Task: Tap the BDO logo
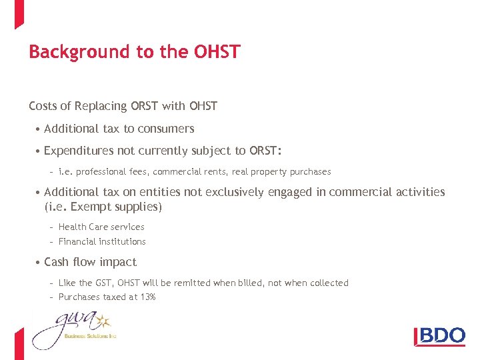click(440, 335)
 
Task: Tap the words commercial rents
click(199, 171)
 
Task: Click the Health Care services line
click(101, 227)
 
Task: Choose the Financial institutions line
click(102, 241)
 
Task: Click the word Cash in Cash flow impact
click(57, 262)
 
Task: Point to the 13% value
click(147, 297)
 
